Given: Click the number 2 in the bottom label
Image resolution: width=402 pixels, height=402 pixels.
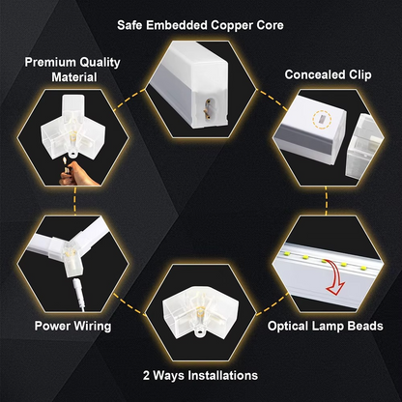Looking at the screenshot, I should tap(145, 373).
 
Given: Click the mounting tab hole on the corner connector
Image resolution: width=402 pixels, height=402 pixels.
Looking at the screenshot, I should tap(200, 335).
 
